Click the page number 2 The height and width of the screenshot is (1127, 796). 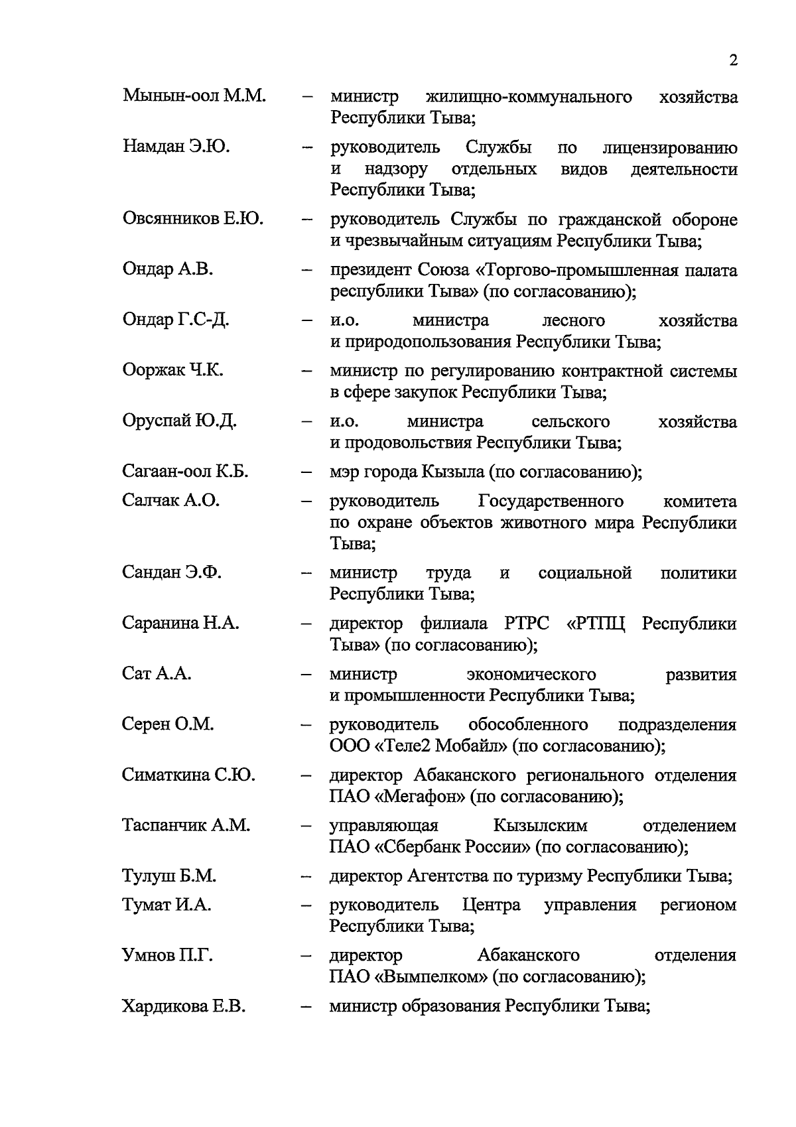tap(733, 60)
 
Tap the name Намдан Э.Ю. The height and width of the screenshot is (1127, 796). tap(176, 147)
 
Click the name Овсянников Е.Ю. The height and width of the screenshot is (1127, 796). tap(193, 219)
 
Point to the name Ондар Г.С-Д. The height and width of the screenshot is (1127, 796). tap(176, 320)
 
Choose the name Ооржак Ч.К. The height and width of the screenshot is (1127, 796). tap(172, 370)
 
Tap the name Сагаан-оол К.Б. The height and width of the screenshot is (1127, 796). tap(185, 472)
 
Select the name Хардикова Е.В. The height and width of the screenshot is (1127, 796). tap(184, 1006)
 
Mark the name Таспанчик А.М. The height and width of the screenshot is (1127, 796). tap(186, 825)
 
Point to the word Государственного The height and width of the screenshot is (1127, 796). tap(550, 501)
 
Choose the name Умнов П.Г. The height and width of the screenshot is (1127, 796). tap(168, 956)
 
